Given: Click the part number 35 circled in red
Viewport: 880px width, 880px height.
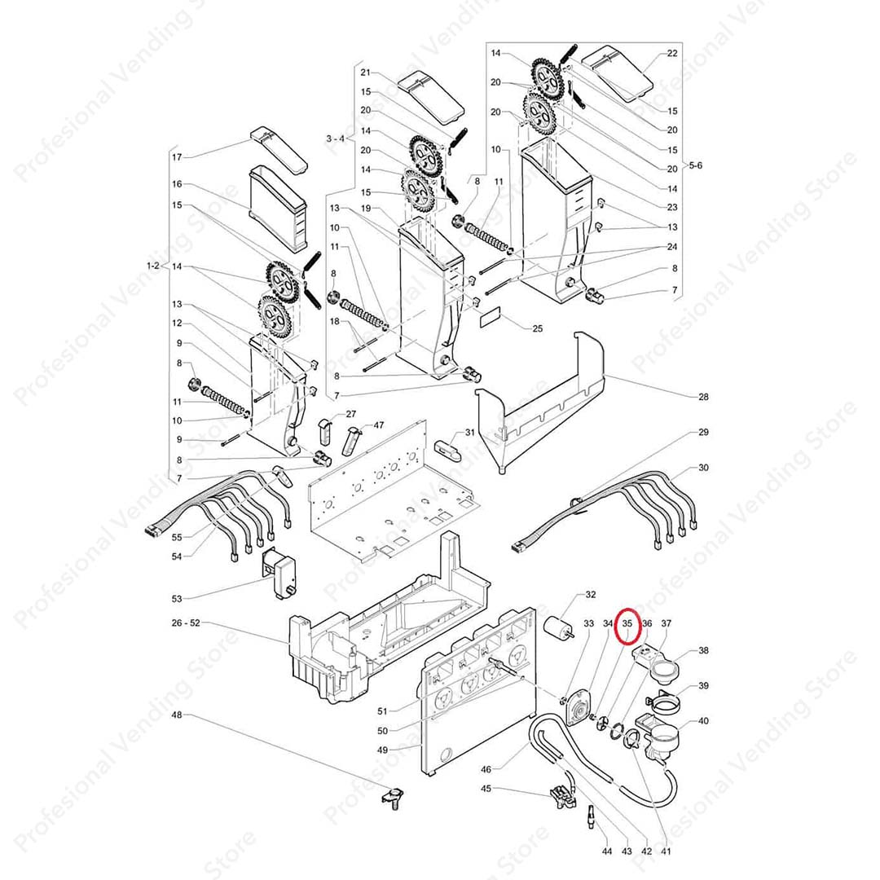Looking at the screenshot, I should tap(627, 624).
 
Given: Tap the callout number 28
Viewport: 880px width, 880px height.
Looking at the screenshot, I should tap(702, 397).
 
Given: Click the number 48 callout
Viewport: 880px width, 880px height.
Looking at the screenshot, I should tap(178, 715).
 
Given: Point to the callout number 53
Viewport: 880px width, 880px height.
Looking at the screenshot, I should tap(177, 599).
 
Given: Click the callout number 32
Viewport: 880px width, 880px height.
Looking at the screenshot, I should tap(591, 595).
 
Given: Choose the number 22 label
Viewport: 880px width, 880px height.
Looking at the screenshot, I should tap(671, 54).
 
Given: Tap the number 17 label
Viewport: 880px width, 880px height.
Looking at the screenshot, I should tap(177, 156).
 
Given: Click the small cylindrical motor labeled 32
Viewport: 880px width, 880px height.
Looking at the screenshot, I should tap(560, 628).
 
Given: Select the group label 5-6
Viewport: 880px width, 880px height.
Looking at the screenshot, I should tap(695, 165).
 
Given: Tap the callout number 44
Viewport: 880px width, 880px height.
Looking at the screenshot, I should tap(605, 851).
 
